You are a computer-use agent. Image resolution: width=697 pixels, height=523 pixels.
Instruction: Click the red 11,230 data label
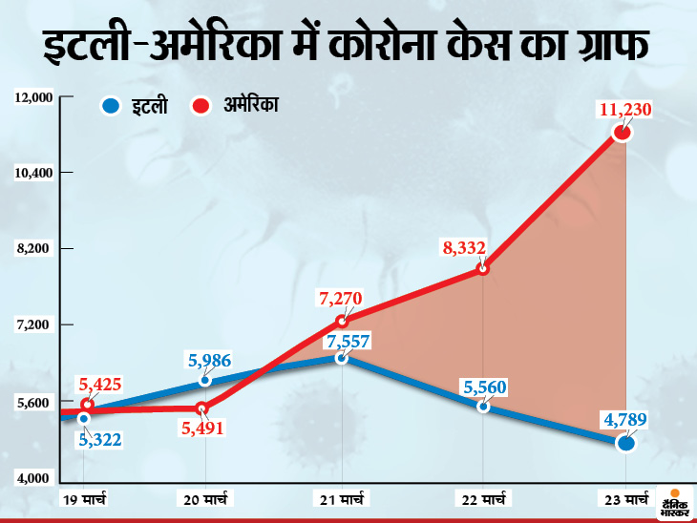[624, 111]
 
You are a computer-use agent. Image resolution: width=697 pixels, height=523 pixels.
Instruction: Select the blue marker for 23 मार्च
[625, 442]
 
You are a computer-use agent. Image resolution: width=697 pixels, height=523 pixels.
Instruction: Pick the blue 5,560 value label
[484, 387]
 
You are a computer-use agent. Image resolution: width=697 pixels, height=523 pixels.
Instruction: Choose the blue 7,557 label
[348, 340]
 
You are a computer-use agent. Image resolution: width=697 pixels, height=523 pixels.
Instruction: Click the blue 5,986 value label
[208, 361]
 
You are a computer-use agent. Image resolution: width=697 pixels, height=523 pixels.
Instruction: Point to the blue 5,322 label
[99, 439]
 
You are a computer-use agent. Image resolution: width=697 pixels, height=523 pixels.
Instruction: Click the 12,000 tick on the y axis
[33, 97]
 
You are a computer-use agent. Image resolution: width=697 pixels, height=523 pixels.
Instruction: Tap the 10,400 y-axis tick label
[33, 173]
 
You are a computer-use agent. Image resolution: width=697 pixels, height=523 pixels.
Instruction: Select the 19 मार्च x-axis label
[84, 498]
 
